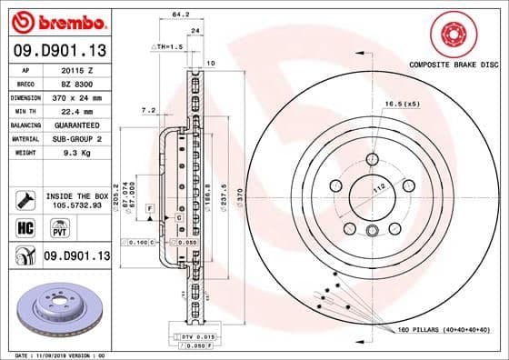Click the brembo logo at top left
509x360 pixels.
click(x=56, y=20)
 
